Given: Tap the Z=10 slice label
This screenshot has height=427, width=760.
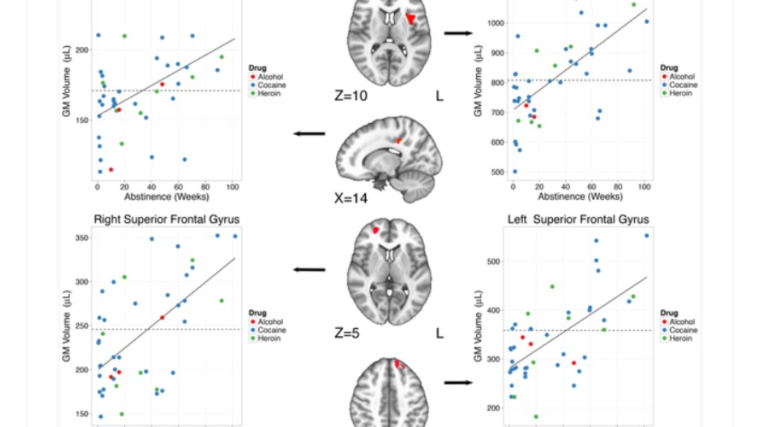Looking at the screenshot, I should click(x=350, y=95).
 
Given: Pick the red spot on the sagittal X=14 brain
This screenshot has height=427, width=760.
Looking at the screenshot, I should click(x=399, y=139).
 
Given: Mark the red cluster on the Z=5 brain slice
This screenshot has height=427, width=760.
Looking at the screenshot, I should click(x=377, y=231).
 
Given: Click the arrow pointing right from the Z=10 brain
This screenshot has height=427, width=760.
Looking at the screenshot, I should click(x=457, y=33).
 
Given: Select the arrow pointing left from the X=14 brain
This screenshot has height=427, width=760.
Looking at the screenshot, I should click(x=310, y=134).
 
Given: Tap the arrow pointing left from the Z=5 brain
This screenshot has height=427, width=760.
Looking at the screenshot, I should click(x=310, y=270).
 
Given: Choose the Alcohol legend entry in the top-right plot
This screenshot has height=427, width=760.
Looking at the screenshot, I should click(x=682, y=76).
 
